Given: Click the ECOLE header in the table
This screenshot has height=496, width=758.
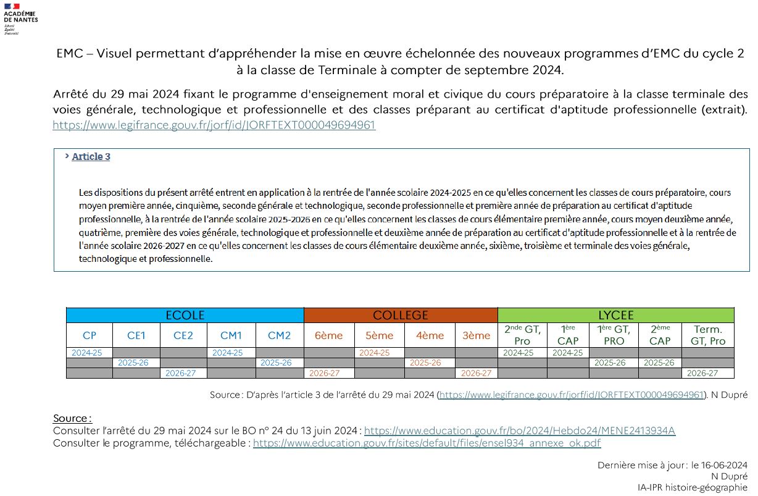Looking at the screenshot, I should [x=185, y=315].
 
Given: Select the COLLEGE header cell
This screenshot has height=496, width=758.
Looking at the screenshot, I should [x=400, y=315].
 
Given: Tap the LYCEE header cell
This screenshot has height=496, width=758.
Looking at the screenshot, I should [x=615, y=315].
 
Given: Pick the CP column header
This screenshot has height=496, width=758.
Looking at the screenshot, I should [x=90, y=335].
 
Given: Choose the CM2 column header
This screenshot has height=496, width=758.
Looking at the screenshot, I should [x=279, y=335].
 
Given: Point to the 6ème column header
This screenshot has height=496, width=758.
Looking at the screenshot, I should [x=329, y=335].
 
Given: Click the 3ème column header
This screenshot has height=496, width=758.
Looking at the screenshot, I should [x=476, y=335].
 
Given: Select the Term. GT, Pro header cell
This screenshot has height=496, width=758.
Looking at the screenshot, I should [x=708, y=335].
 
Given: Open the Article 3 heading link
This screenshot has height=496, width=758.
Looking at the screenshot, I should [x=91, y=157].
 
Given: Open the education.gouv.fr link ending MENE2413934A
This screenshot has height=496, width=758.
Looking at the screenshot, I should [x=520, y=431].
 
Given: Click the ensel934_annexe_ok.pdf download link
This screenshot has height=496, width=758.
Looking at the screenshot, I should [x=427, y=443].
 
